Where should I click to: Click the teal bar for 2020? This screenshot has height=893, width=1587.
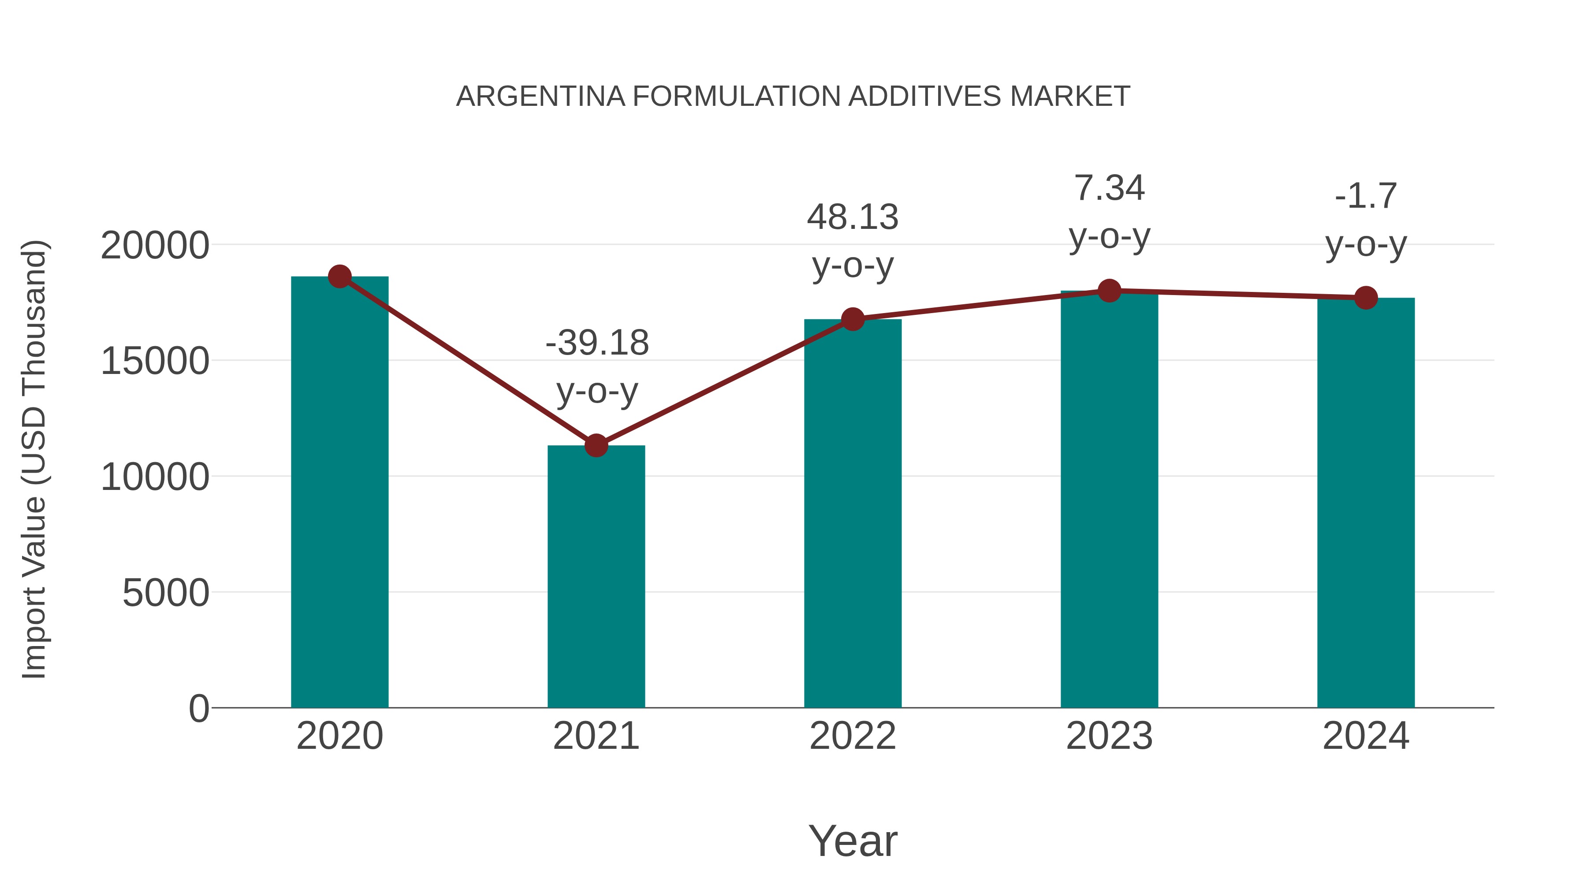point(339,493)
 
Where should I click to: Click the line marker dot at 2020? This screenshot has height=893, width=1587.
point(339,276)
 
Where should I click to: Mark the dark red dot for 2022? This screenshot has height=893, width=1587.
point(853,319)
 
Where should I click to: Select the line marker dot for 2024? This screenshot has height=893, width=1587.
point(1366,298)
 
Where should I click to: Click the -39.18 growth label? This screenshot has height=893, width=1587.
point(597,343)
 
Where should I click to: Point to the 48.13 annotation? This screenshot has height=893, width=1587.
point(853,217)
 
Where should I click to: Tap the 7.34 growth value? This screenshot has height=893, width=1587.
point(1109,188)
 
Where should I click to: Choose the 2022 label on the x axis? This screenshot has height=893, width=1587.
point(853,736)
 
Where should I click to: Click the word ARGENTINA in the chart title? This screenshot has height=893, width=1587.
point(540,97)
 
